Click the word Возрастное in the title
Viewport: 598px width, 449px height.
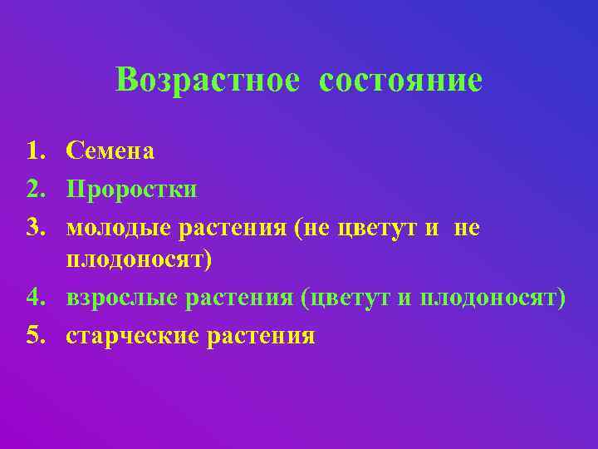pyautogui.click(x=208, y=81)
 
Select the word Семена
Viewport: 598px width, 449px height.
pyautogui.click(x=110, y=150)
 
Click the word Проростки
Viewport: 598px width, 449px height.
pyautogui.click(x=131, y=189)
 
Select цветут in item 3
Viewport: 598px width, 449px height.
pyautogui.click(x=380, y=227)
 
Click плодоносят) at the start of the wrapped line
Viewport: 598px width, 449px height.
pyautogui.click(x=140, y=260)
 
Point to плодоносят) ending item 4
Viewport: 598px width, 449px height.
pyautogui.click(x=493, y=298)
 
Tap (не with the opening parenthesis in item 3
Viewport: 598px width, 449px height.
pyautogui.click(x=313, y=227)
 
